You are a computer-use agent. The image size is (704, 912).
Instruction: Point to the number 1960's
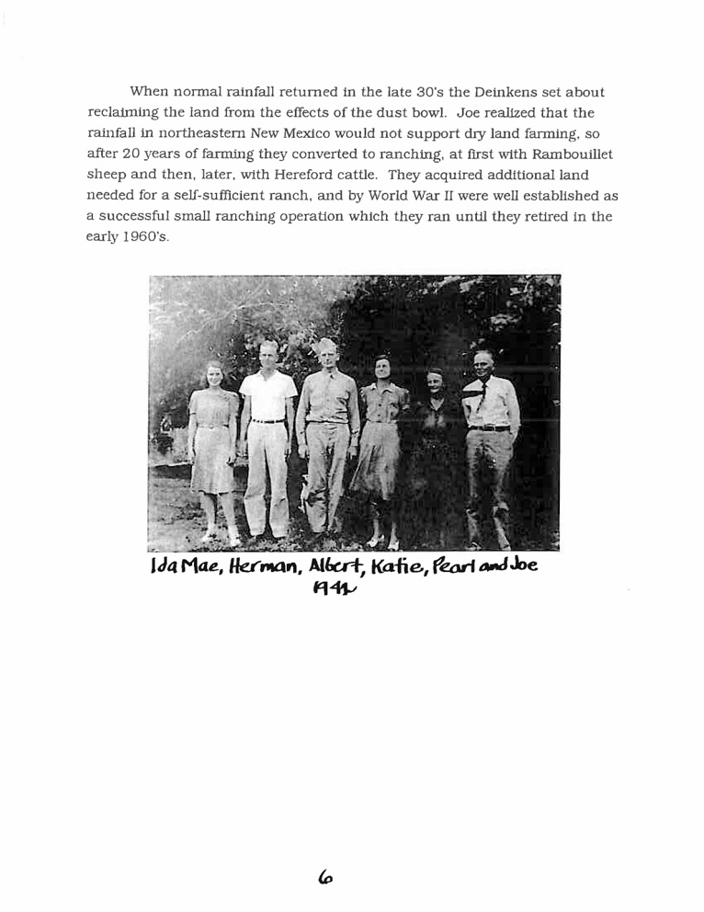click(x=147, y=236)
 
